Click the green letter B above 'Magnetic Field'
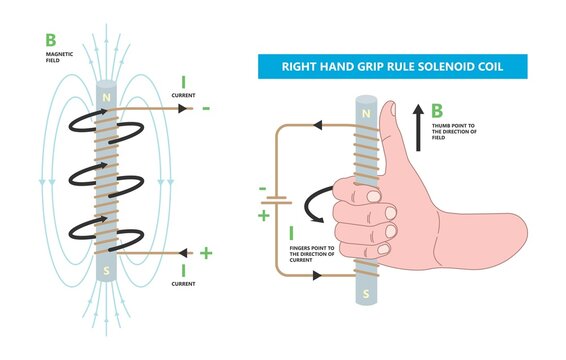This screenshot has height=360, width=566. point(50,40)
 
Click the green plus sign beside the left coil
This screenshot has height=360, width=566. point(206,253)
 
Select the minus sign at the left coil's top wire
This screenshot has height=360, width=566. point(205,106)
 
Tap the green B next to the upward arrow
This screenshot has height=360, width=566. point(437,111)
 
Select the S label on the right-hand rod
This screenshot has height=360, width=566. point(367,295)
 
